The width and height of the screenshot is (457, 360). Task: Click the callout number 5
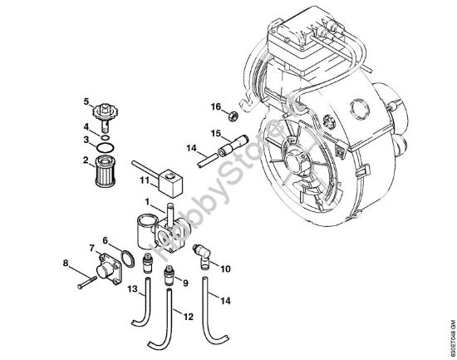coord(85,102)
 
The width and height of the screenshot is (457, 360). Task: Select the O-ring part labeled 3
coord(104,141)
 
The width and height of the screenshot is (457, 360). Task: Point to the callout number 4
coord(85,126)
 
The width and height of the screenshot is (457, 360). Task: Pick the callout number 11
coord(144,179)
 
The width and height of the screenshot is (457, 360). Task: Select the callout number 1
coord(148,203)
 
